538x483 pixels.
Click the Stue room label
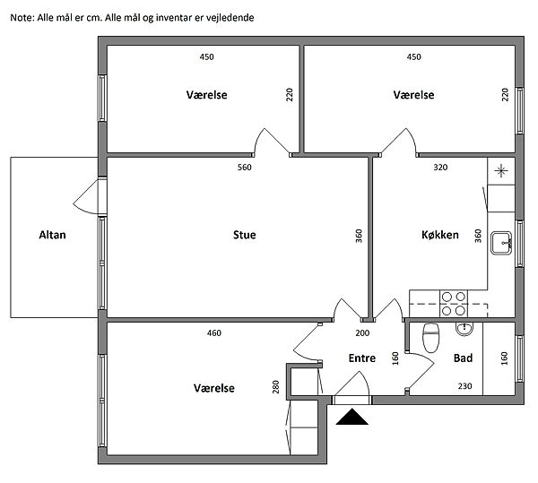[x=244, y=235]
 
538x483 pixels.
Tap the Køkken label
[x=440, y=235]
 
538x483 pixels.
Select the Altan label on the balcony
[x=52, y=235]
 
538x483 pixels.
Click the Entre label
[x=362, y=358]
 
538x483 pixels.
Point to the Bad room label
[x=463, y=358]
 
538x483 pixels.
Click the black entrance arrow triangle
[x=352, y=417]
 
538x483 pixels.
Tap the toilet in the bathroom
[x=431, y=338]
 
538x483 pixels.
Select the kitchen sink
[x=501, y=243]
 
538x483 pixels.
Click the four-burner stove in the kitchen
[x=453, y=304]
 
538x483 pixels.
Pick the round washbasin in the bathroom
[x=464, y=329]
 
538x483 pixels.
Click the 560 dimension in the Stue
[x=244, y=168]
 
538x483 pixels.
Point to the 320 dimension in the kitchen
[x=440, y=168]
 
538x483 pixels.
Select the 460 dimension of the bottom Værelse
[x=214, y=332]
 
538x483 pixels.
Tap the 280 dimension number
[x=276, y=387]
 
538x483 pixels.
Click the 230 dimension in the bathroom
[x=464, y=386]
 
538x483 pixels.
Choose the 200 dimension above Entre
[x=362, y=332]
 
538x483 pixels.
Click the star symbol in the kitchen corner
[x=501, y=171]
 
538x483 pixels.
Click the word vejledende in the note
[x=230, y=18]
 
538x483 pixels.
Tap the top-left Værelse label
[x=206, y=95]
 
